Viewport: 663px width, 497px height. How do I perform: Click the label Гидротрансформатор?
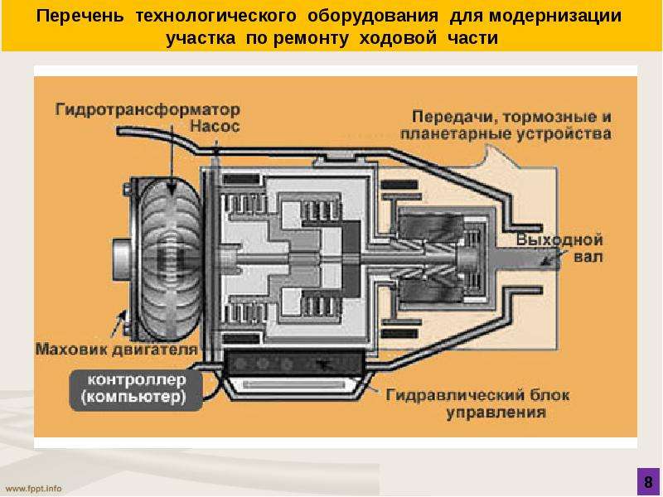(x=148, y=110)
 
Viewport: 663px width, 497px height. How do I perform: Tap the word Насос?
(x=215, y=126)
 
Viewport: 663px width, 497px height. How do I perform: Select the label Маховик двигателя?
(x=117, y=350)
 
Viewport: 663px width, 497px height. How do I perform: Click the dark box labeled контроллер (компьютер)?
(x=136, y=389)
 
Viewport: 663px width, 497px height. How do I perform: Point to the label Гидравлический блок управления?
(x=478, y=403)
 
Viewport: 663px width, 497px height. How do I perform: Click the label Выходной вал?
(x=560, y=248)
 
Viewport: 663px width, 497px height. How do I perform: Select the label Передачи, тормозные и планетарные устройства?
(x=506, y=125)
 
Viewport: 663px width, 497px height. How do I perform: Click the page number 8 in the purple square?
(x=648, y=482)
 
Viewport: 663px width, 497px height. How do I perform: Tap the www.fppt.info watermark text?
(x=33, y=489)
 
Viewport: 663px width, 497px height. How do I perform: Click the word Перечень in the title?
(x=80, y=16)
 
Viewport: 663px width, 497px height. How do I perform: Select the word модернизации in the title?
(x=555, y=16)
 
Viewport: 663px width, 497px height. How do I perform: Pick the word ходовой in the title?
(x=398, y=38)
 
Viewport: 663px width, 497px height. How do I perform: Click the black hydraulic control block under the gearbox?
(x=295, y=364)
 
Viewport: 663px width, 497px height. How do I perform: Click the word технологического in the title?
(x=216, y=16)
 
